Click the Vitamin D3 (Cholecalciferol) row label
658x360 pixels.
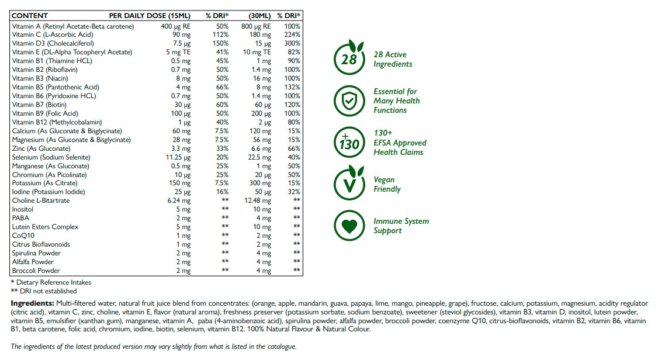coord(53,43)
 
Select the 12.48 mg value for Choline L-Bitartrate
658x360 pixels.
coord(257,200)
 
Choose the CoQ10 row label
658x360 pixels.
coord(23,236)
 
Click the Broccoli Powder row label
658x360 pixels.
coord(36,271)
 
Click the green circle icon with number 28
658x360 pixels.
coord(349,59)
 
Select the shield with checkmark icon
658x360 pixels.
coord(349,101)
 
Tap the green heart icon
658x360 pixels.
coord(349,226)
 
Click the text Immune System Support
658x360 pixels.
coord(401,226)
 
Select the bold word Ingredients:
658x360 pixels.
coord(33,303)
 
